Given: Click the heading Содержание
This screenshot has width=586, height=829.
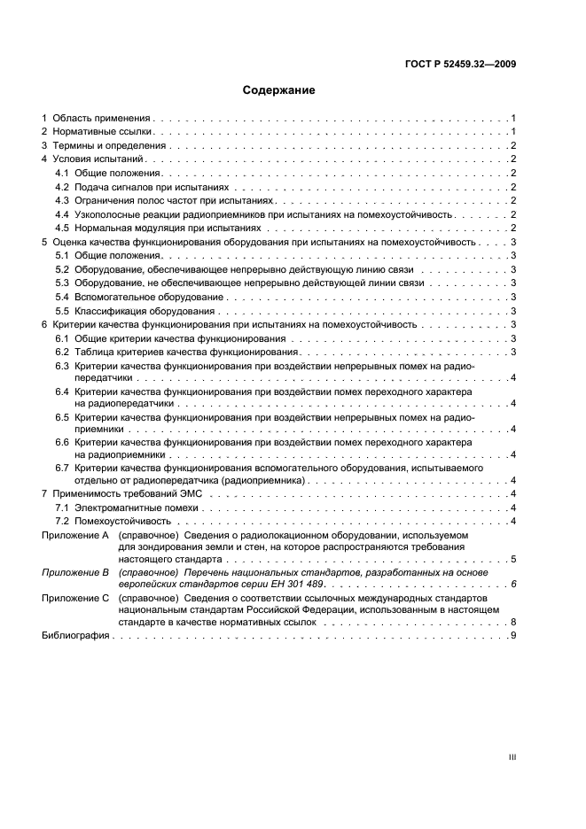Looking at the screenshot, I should pyautogui.click(x=279, y=90).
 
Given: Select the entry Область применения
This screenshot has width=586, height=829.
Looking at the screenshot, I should pyautogui.click(x=102, y=118).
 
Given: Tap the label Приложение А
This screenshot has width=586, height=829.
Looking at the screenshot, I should pyautogui.click(x=75, y=535).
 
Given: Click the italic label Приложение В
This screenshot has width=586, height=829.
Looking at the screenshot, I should pyautogui.click(x=75, y=573).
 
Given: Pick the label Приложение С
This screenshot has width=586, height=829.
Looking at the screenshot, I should pyautogui.click(x=75, y=598).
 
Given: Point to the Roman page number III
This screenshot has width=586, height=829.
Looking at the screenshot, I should pyautogui.click(x=512, y=758).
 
